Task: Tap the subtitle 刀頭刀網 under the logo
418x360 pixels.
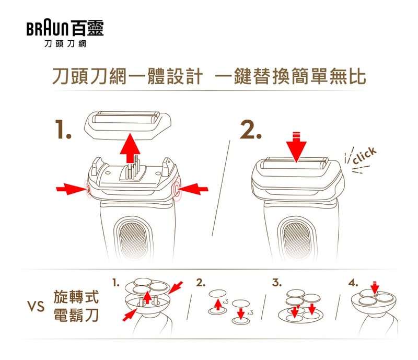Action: pos(65,44)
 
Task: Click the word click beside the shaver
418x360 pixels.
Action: pos(365,156)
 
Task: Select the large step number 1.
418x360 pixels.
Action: pos(63,130)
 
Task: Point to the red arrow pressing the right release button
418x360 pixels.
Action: pos(193,189)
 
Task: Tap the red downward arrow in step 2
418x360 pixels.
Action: pos(296,147)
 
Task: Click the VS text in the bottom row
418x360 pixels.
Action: pos(36,306)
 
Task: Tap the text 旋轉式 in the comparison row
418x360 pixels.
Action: pos(76,297)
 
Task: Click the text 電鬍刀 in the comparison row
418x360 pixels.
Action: pos(76,315)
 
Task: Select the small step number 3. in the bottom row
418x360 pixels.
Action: pos(277,282)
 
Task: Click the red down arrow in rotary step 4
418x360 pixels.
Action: pos(375,288)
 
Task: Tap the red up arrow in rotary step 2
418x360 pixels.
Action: pos(218,305)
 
